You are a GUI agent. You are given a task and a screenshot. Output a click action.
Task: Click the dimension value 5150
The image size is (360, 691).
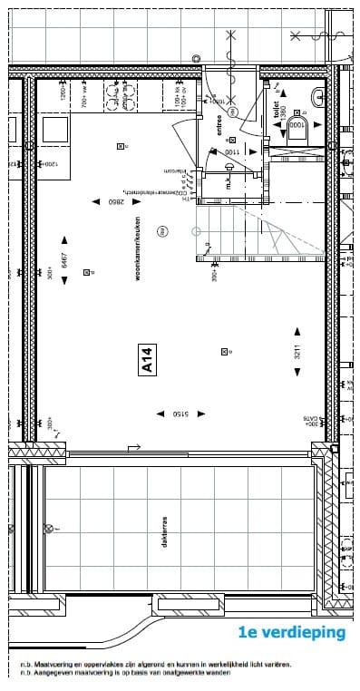[184, 414]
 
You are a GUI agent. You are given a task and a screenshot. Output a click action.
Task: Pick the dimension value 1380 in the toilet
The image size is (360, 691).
[283, 113]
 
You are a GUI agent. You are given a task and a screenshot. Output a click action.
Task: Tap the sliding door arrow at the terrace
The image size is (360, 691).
[133, 446]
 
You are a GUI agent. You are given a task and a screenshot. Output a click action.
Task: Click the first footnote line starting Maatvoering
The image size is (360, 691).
[154, 664]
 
